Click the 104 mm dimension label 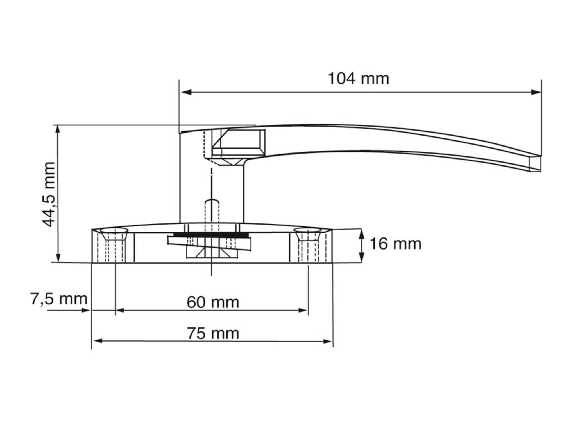(x=359, y=78)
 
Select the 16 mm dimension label (x=395, y=244)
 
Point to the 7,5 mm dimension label (x=59, y=299)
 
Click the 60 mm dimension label (x=213, y=302)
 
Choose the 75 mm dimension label (x=213, y=333)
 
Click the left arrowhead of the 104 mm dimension (x=186, y=92)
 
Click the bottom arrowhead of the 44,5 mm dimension (x=58, y=257)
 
